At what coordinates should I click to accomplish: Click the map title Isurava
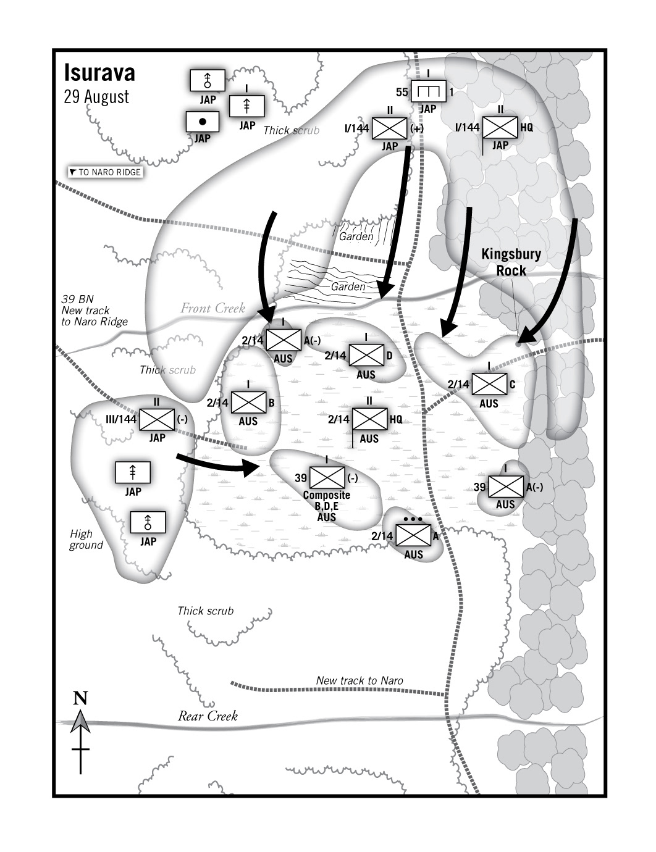point(99,73)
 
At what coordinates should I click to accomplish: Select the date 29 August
point(96,97)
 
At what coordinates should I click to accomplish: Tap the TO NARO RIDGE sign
point(105,172)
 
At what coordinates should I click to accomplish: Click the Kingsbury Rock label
point(511,262)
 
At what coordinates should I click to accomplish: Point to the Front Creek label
point(212,308)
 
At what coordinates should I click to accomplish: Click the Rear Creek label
point(208,716)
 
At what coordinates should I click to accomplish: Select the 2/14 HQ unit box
point(369,419)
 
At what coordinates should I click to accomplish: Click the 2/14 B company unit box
point(248,403)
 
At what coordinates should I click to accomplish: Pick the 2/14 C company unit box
point(489,384)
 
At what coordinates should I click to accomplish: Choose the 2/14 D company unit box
point(366,355)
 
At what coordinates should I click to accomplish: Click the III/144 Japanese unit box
point(157,419)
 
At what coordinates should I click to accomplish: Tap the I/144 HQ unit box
point(500,127)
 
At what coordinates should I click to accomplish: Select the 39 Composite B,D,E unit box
point(327,478)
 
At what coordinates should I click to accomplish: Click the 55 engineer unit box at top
point(428,92)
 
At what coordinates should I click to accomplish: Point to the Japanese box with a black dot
point(203,122)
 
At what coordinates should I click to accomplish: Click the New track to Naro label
point(360,680)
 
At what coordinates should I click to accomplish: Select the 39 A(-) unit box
point(506,487)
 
